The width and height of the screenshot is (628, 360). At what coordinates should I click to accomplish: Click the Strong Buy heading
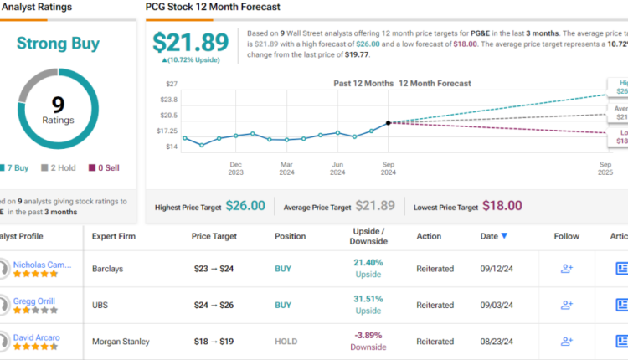point(58,43)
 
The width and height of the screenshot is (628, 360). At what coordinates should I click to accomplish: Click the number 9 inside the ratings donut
point(58,105)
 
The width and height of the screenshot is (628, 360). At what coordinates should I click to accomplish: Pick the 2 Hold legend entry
point(58,167)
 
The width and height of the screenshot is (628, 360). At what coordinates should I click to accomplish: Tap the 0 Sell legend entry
point(104,167)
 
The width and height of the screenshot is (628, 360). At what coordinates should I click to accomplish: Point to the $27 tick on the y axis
point(171,84)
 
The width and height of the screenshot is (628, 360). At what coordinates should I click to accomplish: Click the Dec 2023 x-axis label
point(235,167)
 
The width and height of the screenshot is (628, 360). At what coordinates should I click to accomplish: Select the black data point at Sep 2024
point(389,123)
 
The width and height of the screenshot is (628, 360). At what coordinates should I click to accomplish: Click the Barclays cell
point(109,269)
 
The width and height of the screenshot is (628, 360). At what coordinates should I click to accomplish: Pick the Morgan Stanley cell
point(121,341)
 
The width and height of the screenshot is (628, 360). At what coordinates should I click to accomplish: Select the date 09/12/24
point(496,269)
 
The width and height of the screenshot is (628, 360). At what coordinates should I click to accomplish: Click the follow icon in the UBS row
point(567,305)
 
